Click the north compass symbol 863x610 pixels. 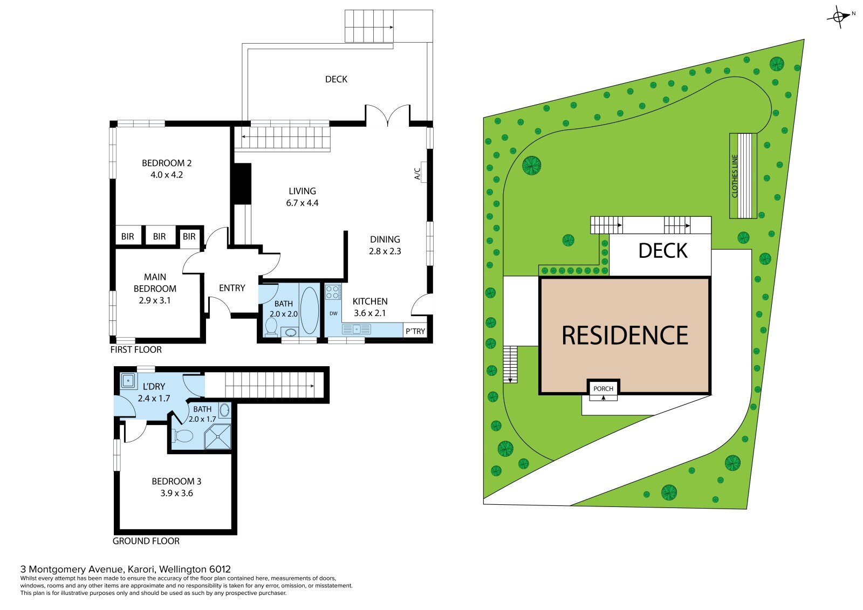[839, 17]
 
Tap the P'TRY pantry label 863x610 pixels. [415, 331]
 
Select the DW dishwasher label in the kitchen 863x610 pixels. [334, 313]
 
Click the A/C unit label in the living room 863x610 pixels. [417, 174]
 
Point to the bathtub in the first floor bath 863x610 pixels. [310, 310]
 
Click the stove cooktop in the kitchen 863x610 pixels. [333, 292]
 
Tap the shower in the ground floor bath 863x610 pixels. [218, 436]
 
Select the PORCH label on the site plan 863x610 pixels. [604, 388]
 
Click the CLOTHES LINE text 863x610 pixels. [735, 176]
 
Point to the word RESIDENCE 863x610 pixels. [625, 335]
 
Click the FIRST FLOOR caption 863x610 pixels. [136, 349]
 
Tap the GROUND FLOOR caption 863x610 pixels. [146, 541]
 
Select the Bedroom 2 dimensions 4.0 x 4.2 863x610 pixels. [167, 175]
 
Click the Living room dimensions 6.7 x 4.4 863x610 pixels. [302, 203]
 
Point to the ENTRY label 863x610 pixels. [232, 288]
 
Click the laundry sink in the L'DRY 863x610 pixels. [128, 381]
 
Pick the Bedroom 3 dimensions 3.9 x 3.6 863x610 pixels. [176, 493]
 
